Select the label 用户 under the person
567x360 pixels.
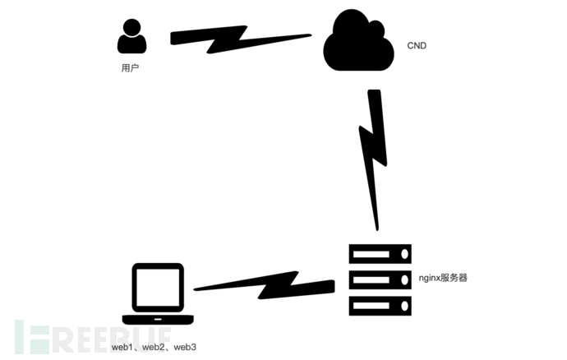[x=130, y=68]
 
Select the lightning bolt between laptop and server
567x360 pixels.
[x=263, y=287]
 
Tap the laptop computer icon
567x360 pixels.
[x=158, y=294]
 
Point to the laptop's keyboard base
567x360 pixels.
[x=158, y=319]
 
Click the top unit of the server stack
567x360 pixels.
[x=380, y=254]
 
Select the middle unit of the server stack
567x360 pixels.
[x=380, y=279]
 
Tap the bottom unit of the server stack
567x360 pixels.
[x=380, y=305]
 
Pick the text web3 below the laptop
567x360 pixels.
[x=184, y=347]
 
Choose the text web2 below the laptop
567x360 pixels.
[x=154, y=347]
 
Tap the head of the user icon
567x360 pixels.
[x=131, y=26]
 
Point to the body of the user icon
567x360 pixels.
[x=131, y=45]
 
